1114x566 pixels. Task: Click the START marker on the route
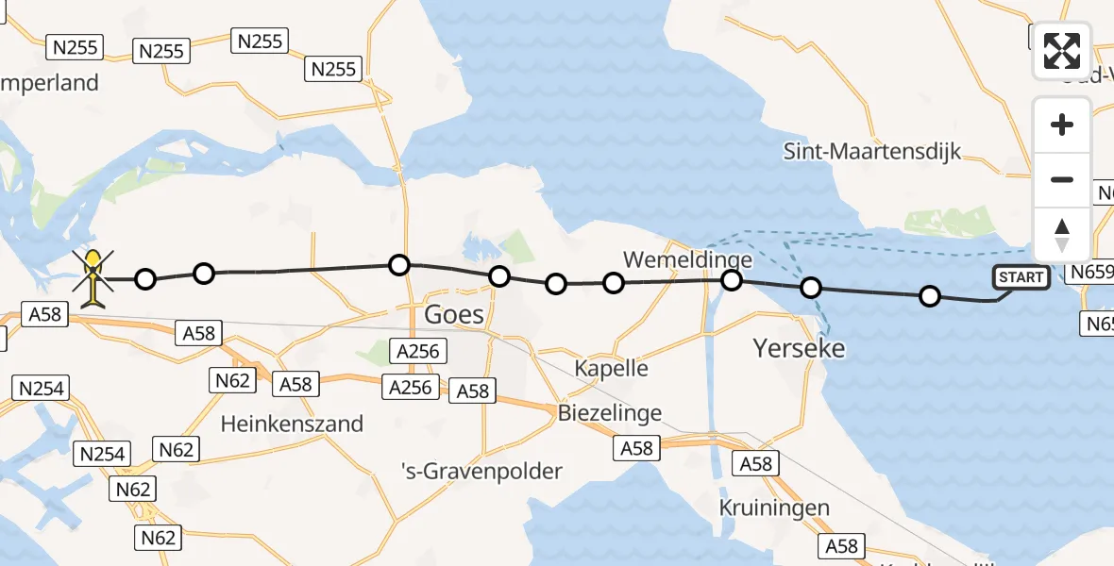[1021, 277]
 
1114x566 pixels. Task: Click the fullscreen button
[1062, 51]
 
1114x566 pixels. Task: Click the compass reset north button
[1062, 235]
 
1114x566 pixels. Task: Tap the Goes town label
[455, 314]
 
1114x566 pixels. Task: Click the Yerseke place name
[799, 349]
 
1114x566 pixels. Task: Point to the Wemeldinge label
[688, 259]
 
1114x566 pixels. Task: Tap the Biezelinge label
[609, 413]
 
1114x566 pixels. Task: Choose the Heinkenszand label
[292, 424]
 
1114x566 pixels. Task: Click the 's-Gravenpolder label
[481, 471]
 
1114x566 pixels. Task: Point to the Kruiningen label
[774, 508]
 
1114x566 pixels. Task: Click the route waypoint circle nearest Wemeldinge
[732, 279]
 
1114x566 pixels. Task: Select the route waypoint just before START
[930, 296]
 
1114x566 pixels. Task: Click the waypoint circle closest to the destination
[145, 279]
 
